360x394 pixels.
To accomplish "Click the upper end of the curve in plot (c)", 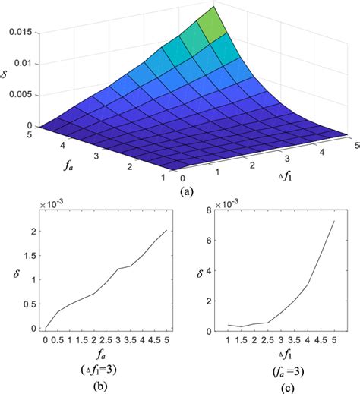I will [x=335, y=221].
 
